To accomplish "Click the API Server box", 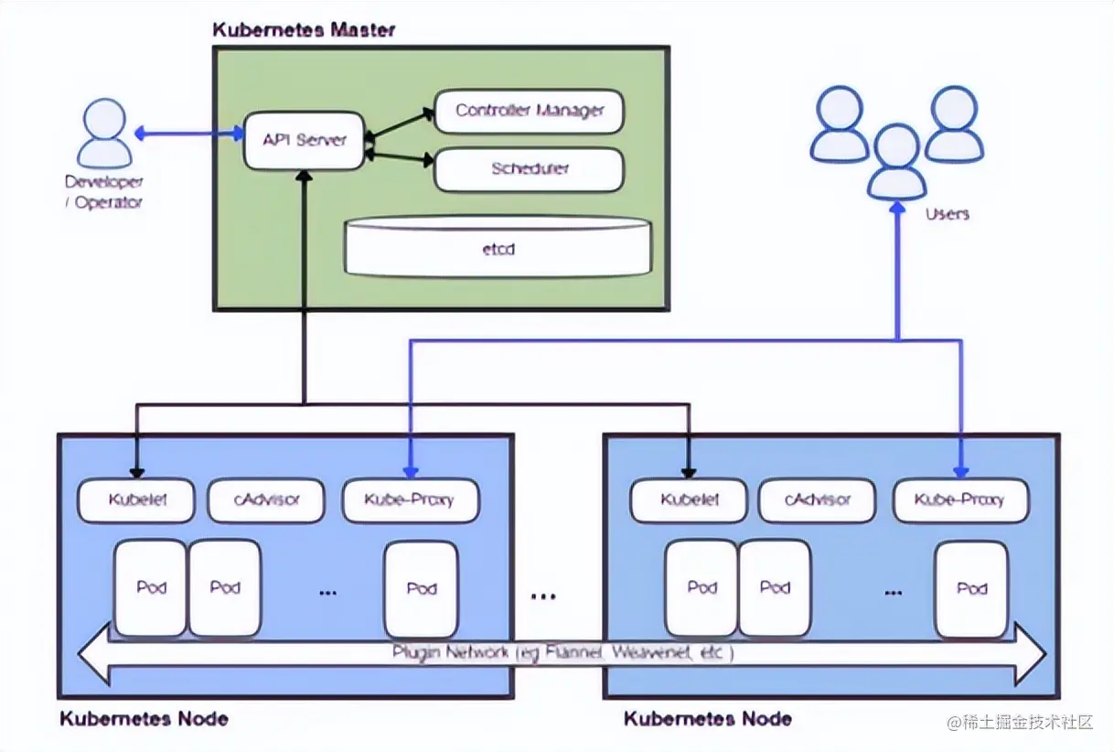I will [304, 140].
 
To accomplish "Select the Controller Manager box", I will [530, 111].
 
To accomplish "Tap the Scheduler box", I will [530, 169].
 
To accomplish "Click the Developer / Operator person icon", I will [104, 134].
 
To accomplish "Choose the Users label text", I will [947, 214].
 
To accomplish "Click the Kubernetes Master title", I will [304, 29].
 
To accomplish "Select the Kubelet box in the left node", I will [136, 500].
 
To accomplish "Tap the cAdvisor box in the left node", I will [266, 500].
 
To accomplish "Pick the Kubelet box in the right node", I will [689, 500].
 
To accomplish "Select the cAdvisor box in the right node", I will [818, 500].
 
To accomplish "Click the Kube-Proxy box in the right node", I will [959, 500].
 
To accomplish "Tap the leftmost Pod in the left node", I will [150, 588].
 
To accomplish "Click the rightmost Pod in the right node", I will [970, 588].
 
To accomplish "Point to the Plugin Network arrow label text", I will [562, 654].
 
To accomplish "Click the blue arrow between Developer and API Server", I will [188, 134].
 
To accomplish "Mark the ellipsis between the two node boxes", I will [543, 596].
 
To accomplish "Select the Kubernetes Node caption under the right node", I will [707, 718].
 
